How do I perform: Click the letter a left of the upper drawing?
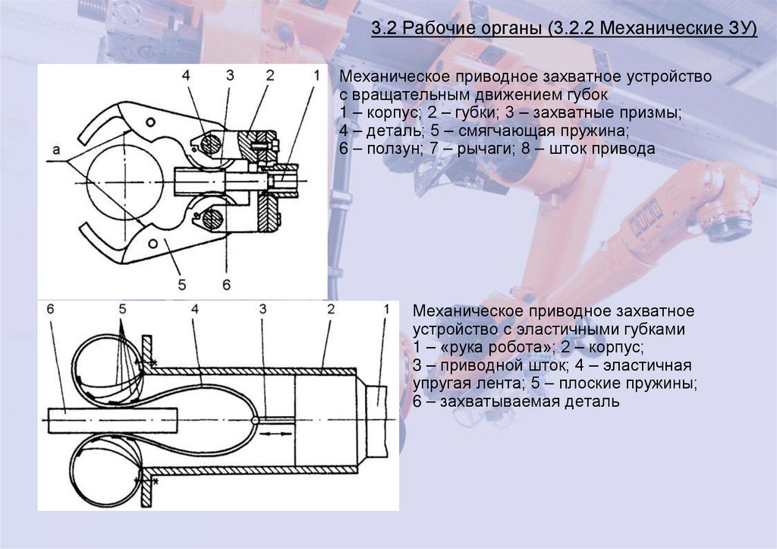(56, 150)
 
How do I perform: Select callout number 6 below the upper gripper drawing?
(226, 285)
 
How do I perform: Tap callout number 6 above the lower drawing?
(50, 309)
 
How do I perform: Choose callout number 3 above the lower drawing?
(263, 309)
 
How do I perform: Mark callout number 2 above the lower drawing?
(331, 309)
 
